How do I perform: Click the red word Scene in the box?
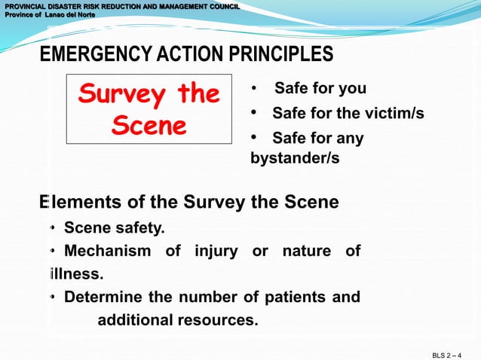(149, 125)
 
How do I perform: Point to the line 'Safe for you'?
(320, 89)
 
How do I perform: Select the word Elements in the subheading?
(78, 203)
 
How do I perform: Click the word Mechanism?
(107, 251)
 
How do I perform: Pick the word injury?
(216, 251)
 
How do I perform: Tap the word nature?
(306, 251)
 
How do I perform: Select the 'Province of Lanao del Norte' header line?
(47, 15)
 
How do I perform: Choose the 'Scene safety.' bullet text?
(114, 227)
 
